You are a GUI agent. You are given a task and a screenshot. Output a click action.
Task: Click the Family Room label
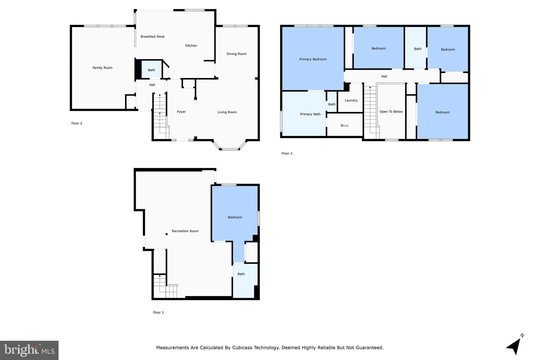pyautogui.click(x=102, y=68)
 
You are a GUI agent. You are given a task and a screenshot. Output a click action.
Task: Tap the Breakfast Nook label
pyautogui.click(x=152, y=37)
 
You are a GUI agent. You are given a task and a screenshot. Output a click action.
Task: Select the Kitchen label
pyautogui.click(x=191, y=46)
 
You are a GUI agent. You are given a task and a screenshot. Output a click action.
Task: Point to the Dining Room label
pyautogui.click(x=237, y=54)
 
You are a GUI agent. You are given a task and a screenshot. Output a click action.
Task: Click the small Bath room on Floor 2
pyautogui.click(x=151, y=70)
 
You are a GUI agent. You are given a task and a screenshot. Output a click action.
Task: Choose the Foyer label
pyautogui.click(x=181, y=112)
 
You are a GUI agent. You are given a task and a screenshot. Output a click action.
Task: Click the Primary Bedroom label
pyautogui.click(x=313, y=59)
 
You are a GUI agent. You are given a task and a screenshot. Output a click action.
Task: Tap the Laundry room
pyautogui.click(x=351, y=100)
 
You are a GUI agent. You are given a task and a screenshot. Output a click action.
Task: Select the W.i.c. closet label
pyautogui.click(x=345, y=126)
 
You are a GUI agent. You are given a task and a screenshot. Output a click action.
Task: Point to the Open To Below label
pyautogui.click(x=391, y=112)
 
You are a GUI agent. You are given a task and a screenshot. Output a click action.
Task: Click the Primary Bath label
pyautogui.click(x=310, y=114)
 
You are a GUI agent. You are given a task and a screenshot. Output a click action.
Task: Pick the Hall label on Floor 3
pyautogui.click(x=384, y=76)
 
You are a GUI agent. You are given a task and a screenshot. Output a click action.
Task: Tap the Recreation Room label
pyautogui.click(x=185, y=231)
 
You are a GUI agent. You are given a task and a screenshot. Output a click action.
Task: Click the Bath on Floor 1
pyautogui.click(x=241, y=274)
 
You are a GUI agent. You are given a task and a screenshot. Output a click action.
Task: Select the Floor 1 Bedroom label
pyautogui.click(x=235, y=217)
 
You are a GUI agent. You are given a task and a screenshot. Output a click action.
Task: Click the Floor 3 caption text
pyautogui.click(x=287, y=153)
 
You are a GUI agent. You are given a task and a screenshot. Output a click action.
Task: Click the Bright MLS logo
pyautogui.click(x=29, y=350)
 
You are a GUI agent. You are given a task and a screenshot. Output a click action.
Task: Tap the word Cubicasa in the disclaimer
pyautogui.click(x=242, y=348)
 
